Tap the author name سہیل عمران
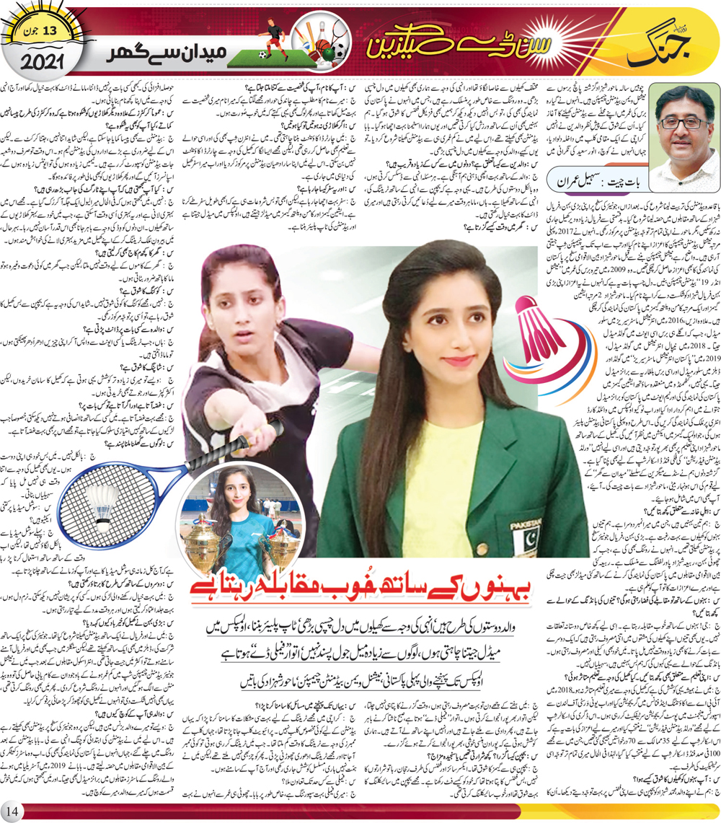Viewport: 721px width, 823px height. click(572, 178)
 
